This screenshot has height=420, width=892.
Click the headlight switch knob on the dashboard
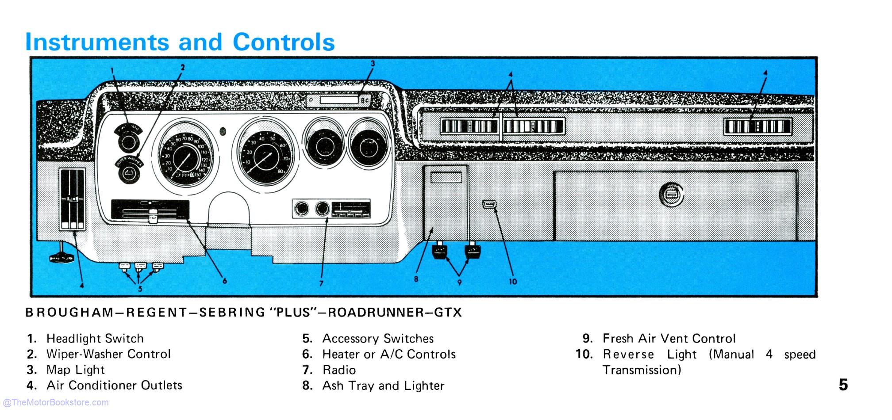(x=129, y=142)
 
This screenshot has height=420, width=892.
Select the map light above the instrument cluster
(x=339, y=100)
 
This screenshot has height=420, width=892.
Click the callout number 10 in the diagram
(x=512, y=281)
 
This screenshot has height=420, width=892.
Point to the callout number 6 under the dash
(x=224, y=281)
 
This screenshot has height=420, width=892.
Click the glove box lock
(x=671, y=195)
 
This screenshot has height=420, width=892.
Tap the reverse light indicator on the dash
(x=489, y=204)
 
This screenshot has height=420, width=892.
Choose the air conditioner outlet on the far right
(x=757, y=127)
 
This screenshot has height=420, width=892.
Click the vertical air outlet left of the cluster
(x=73, y=199)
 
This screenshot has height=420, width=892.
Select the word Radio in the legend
(x=339, y=370)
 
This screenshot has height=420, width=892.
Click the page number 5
(x=843, y=385)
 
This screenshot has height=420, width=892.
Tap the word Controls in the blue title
(x=284, y=42)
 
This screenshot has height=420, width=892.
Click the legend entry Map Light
(x=76, y=370)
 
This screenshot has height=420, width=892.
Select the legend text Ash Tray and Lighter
(x=383, y=386)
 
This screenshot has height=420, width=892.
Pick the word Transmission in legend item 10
(x=642, y=370)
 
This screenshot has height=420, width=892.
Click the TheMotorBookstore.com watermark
(x=56, y=402)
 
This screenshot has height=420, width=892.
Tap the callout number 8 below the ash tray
(x=416, y=279)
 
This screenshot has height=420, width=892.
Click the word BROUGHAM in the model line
(x=69, y=313)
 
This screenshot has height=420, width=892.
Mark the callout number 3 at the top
(x=373, y=64)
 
